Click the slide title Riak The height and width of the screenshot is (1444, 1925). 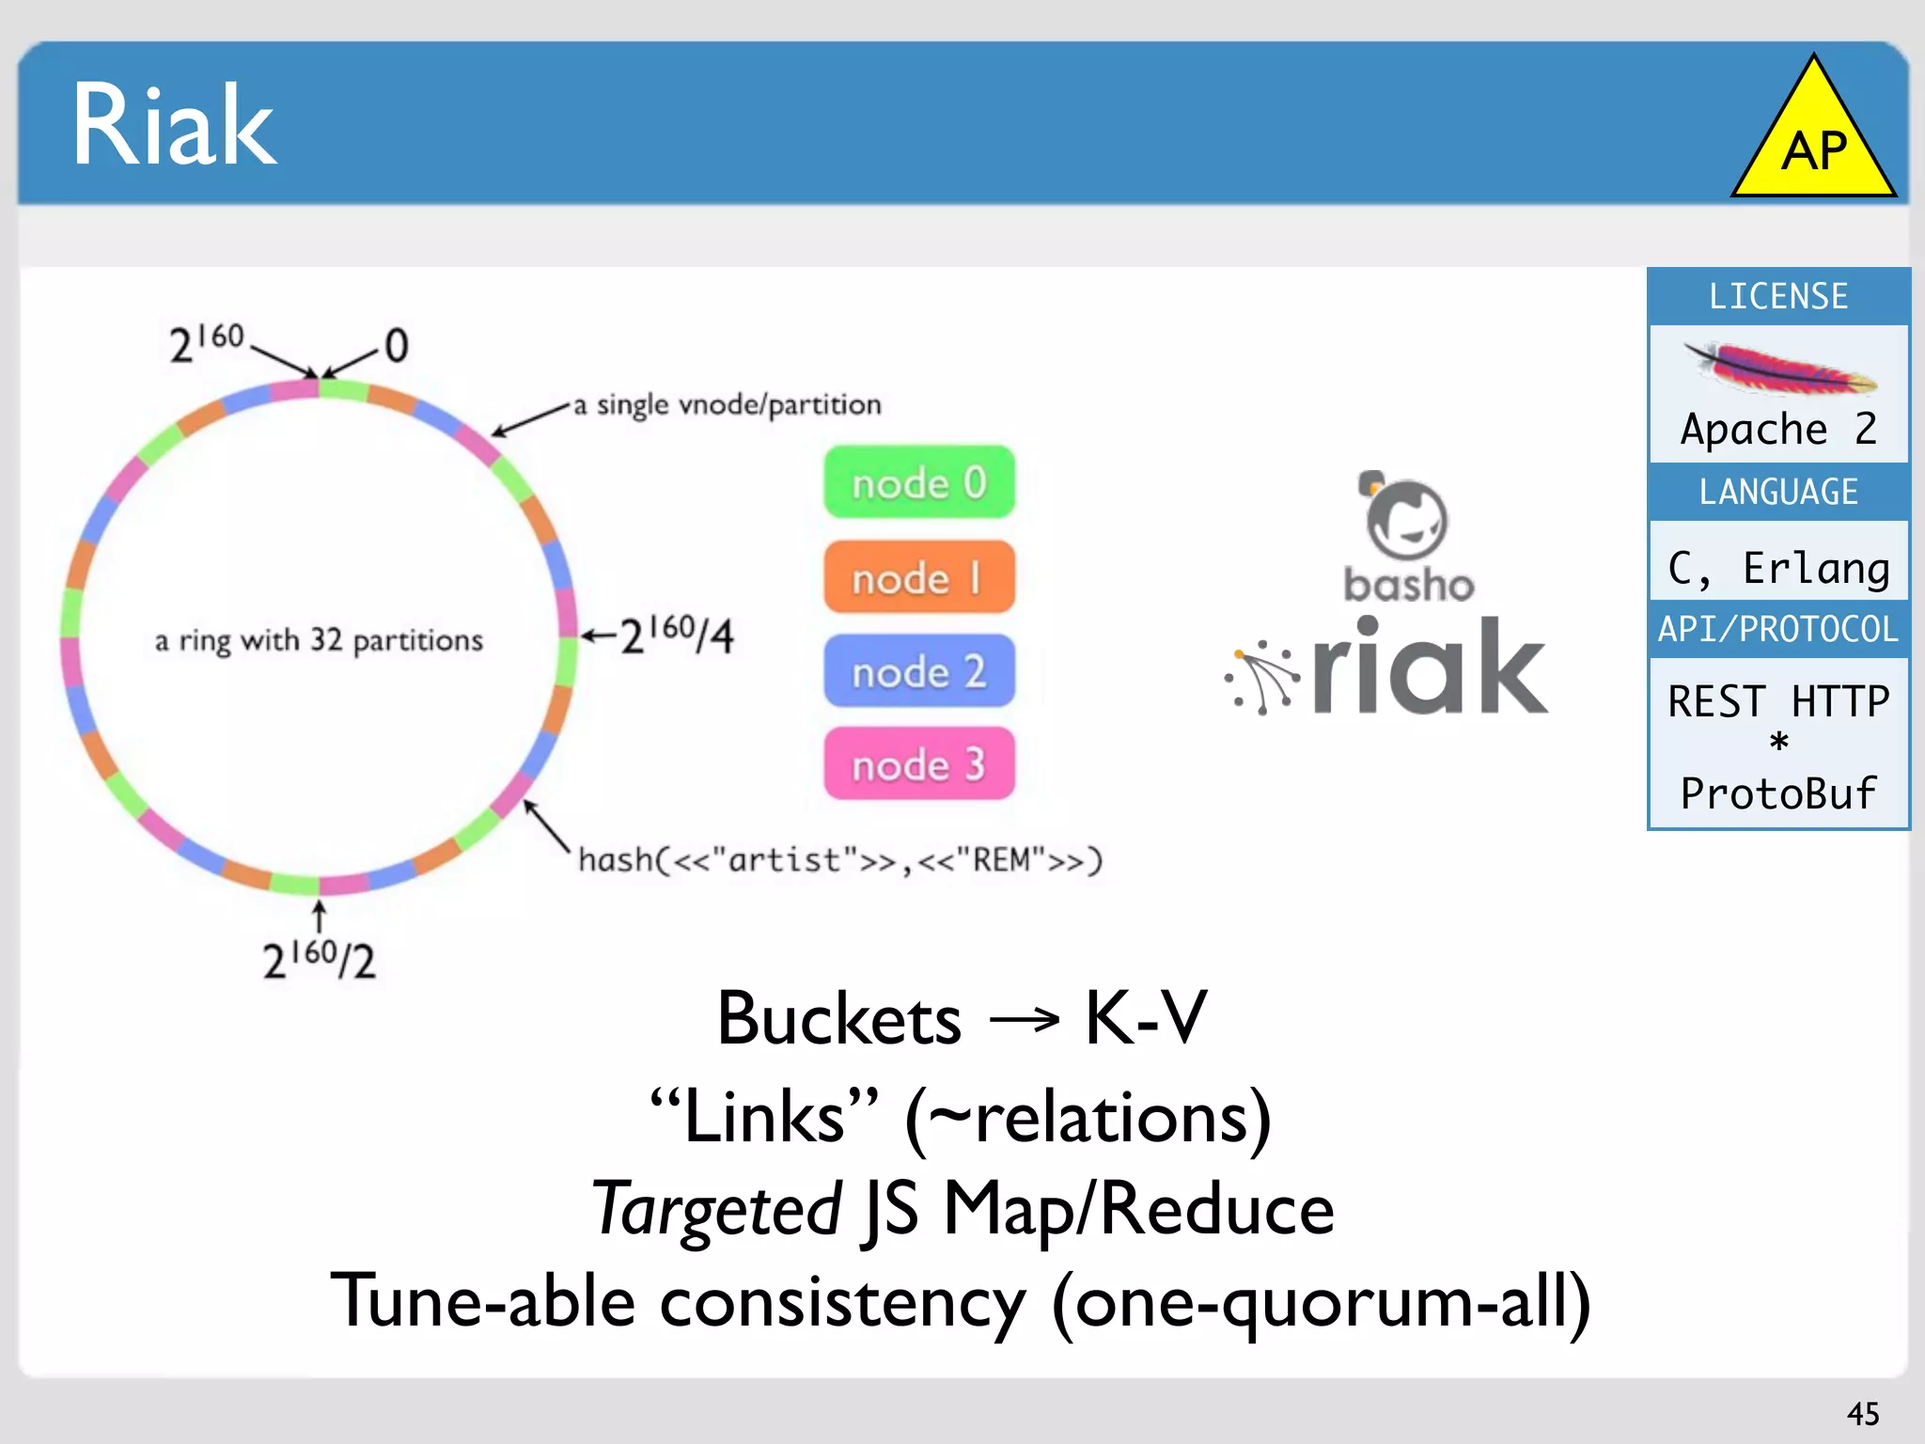175,125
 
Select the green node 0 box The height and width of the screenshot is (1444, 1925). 919,482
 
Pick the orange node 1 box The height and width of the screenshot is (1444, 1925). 919,577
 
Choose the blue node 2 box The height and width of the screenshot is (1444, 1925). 919,671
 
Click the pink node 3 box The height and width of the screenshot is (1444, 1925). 919,764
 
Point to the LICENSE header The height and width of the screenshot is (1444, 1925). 1778,297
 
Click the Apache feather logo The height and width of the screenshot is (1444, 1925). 1778,369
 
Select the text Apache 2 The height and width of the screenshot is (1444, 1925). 1778,429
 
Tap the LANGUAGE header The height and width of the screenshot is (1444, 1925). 1778,492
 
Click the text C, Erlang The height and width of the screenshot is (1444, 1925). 1778,568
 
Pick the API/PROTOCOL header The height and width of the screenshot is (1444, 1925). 1778,629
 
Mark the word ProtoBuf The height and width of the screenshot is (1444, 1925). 1778,793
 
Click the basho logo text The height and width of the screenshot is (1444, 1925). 1409,585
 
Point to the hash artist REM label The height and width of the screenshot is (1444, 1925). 840,860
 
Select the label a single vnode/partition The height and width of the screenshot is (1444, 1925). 728,405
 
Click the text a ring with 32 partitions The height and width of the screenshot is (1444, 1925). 319,640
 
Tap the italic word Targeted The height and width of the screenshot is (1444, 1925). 716,1209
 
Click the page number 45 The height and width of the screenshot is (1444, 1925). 1863,1414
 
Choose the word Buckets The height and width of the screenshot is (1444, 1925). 838,1019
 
